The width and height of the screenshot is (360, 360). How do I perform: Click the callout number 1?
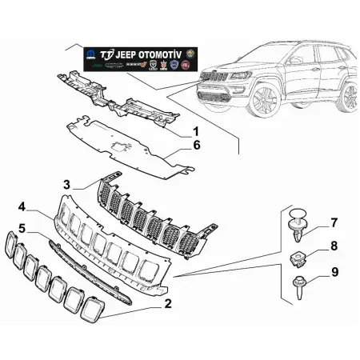point(195,130)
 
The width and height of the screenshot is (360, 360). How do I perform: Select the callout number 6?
point(195,146)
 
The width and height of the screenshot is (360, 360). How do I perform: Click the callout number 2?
point(167,303)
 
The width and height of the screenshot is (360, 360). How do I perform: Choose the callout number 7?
point(334,222)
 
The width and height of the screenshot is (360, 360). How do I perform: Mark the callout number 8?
point(334,246)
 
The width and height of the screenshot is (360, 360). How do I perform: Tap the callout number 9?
point(334,272)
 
